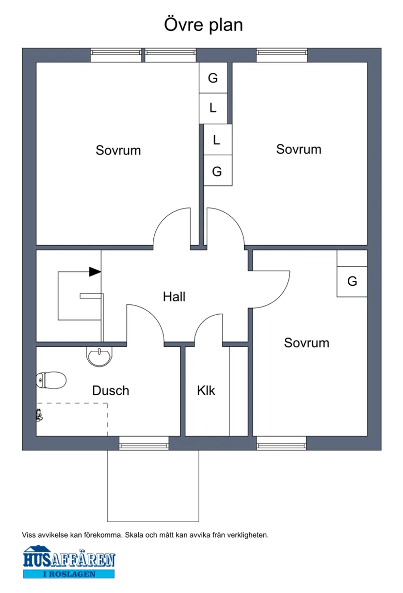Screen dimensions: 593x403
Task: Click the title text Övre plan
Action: pyautogui.click(x=203, y=24)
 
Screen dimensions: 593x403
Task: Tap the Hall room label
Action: pyautogui.click(x=174, y=296)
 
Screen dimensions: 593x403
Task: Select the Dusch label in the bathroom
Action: pyautogui.click(x=111, y=390)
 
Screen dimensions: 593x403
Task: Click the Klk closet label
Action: pyautogui.click(x=206, y=390)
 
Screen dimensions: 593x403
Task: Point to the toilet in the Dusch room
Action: pyautogui.click(x=51, y=380)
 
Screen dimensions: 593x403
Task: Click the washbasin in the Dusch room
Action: pyautogui.click(x=100, y=356)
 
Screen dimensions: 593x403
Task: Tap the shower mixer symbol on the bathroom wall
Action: pyautogui.click(x=39, y=415)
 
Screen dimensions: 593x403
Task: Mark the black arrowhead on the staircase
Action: pyautogui.click(x=95, y=272)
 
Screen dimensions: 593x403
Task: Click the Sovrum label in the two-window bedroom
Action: pyautogui.click(x=118, y=150)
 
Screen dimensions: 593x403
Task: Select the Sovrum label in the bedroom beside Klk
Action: pyautogui.click(x=306, y=343)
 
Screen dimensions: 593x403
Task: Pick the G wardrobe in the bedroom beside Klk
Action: pyautogui.click(x=352, y=281)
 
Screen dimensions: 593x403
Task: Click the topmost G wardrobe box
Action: pyautogui.click(x=213, y=78)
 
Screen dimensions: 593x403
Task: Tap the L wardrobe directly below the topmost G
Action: pyautogui.click(x=213, y=108)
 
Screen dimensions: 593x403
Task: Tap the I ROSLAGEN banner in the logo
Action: pyautogui.click(x=69, y=574)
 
